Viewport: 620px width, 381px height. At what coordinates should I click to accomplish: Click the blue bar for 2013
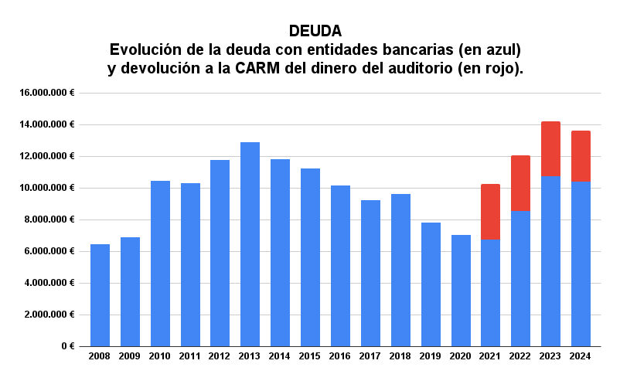(x=250, y=244)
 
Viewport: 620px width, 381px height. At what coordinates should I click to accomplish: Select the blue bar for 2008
(x=100, y=295)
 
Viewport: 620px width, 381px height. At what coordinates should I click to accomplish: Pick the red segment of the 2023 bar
(x=550, y=148)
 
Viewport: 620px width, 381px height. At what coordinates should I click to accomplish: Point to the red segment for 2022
(x=520, y=183)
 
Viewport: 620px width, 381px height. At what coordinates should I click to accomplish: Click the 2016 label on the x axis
(x=340, y=356)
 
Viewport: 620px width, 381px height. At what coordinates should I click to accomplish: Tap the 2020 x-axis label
(x=461, y=356)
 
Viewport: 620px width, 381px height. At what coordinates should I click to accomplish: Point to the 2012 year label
(x=220, y=356)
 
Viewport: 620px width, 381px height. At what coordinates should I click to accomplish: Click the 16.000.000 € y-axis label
(x=47, y=93)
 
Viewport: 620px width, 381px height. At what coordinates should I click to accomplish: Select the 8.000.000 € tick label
(x=50, y=219)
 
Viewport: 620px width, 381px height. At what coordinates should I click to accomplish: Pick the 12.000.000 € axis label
(x=47, y=156)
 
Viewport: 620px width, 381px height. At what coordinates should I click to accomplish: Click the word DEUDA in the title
(x=315, y=32)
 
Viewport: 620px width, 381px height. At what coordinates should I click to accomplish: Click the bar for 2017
(x=370, y=273)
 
